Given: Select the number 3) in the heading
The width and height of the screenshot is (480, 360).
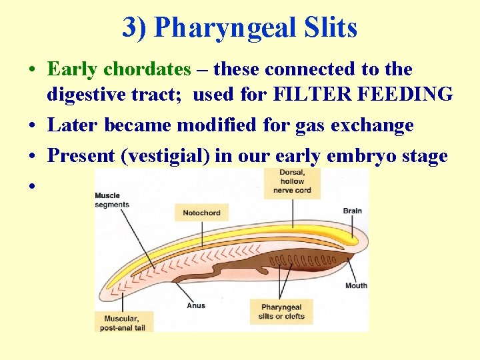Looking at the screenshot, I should coord(136,28).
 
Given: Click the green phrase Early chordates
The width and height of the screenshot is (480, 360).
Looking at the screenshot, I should coord(119,69).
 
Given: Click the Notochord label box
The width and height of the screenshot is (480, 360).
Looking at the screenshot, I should coord(201,213).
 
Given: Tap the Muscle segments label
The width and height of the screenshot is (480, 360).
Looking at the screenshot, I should coord(112,200).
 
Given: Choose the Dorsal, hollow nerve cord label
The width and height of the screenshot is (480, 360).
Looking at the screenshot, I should coord(292,181).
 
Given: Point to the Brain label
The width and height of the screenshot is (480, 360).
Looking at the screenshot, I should coord(353,211).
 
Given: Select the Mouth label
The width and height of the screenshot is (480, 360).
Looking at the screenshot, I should coord(356,286).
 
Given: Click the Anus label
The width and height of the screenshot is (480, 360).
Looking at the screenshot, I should coord(195,306).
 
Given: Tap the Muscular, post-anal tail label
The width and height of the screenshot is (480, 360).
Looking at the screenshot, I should coord(124,323).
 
